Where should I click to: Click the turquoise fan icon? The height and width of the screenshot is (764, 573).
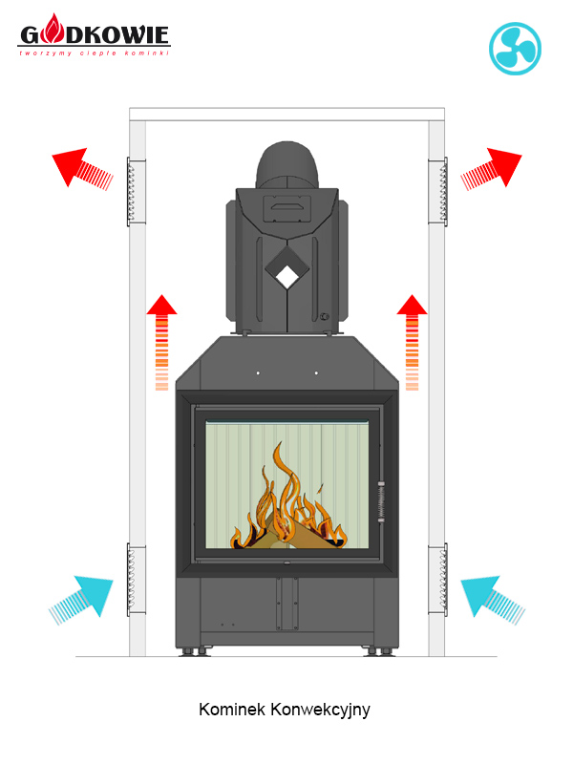[515, 49]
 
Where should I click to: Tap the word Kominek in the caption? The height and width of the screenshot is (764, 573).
[232, 709]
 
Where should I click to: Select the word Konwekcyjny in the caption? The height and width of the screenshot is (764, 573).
[320, 711]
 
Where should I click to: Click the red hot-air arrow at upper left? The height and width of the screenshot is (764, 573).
[82, 168]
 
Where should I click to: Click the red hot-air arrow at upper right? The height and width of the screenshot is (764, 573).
[491, 169]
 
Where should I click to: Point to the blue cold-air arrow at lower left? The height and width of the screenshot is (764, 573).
[81, 601]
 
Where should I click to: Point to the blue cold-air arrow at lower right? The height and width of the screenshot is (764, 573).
[493, 601]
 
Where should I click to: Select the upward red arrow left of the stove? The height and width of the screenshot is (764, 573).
[161, 342]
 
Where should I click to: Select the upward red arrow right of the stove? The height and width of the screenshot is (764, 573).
[413, 342]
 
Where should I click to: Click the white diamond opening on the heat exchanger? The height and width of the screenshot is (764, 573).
[287, 276]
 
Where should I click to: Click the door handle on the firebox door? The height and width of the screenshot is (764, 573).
[381, 502]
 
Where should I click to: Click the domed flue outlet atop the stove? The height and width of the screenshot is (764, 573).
[287, 165]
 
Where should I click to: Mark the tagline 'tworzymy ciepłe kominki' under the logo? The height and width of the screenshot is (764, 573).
[95, 53]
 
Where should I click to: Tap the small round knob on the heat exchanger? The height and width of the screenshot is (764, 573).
[324, 317]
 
